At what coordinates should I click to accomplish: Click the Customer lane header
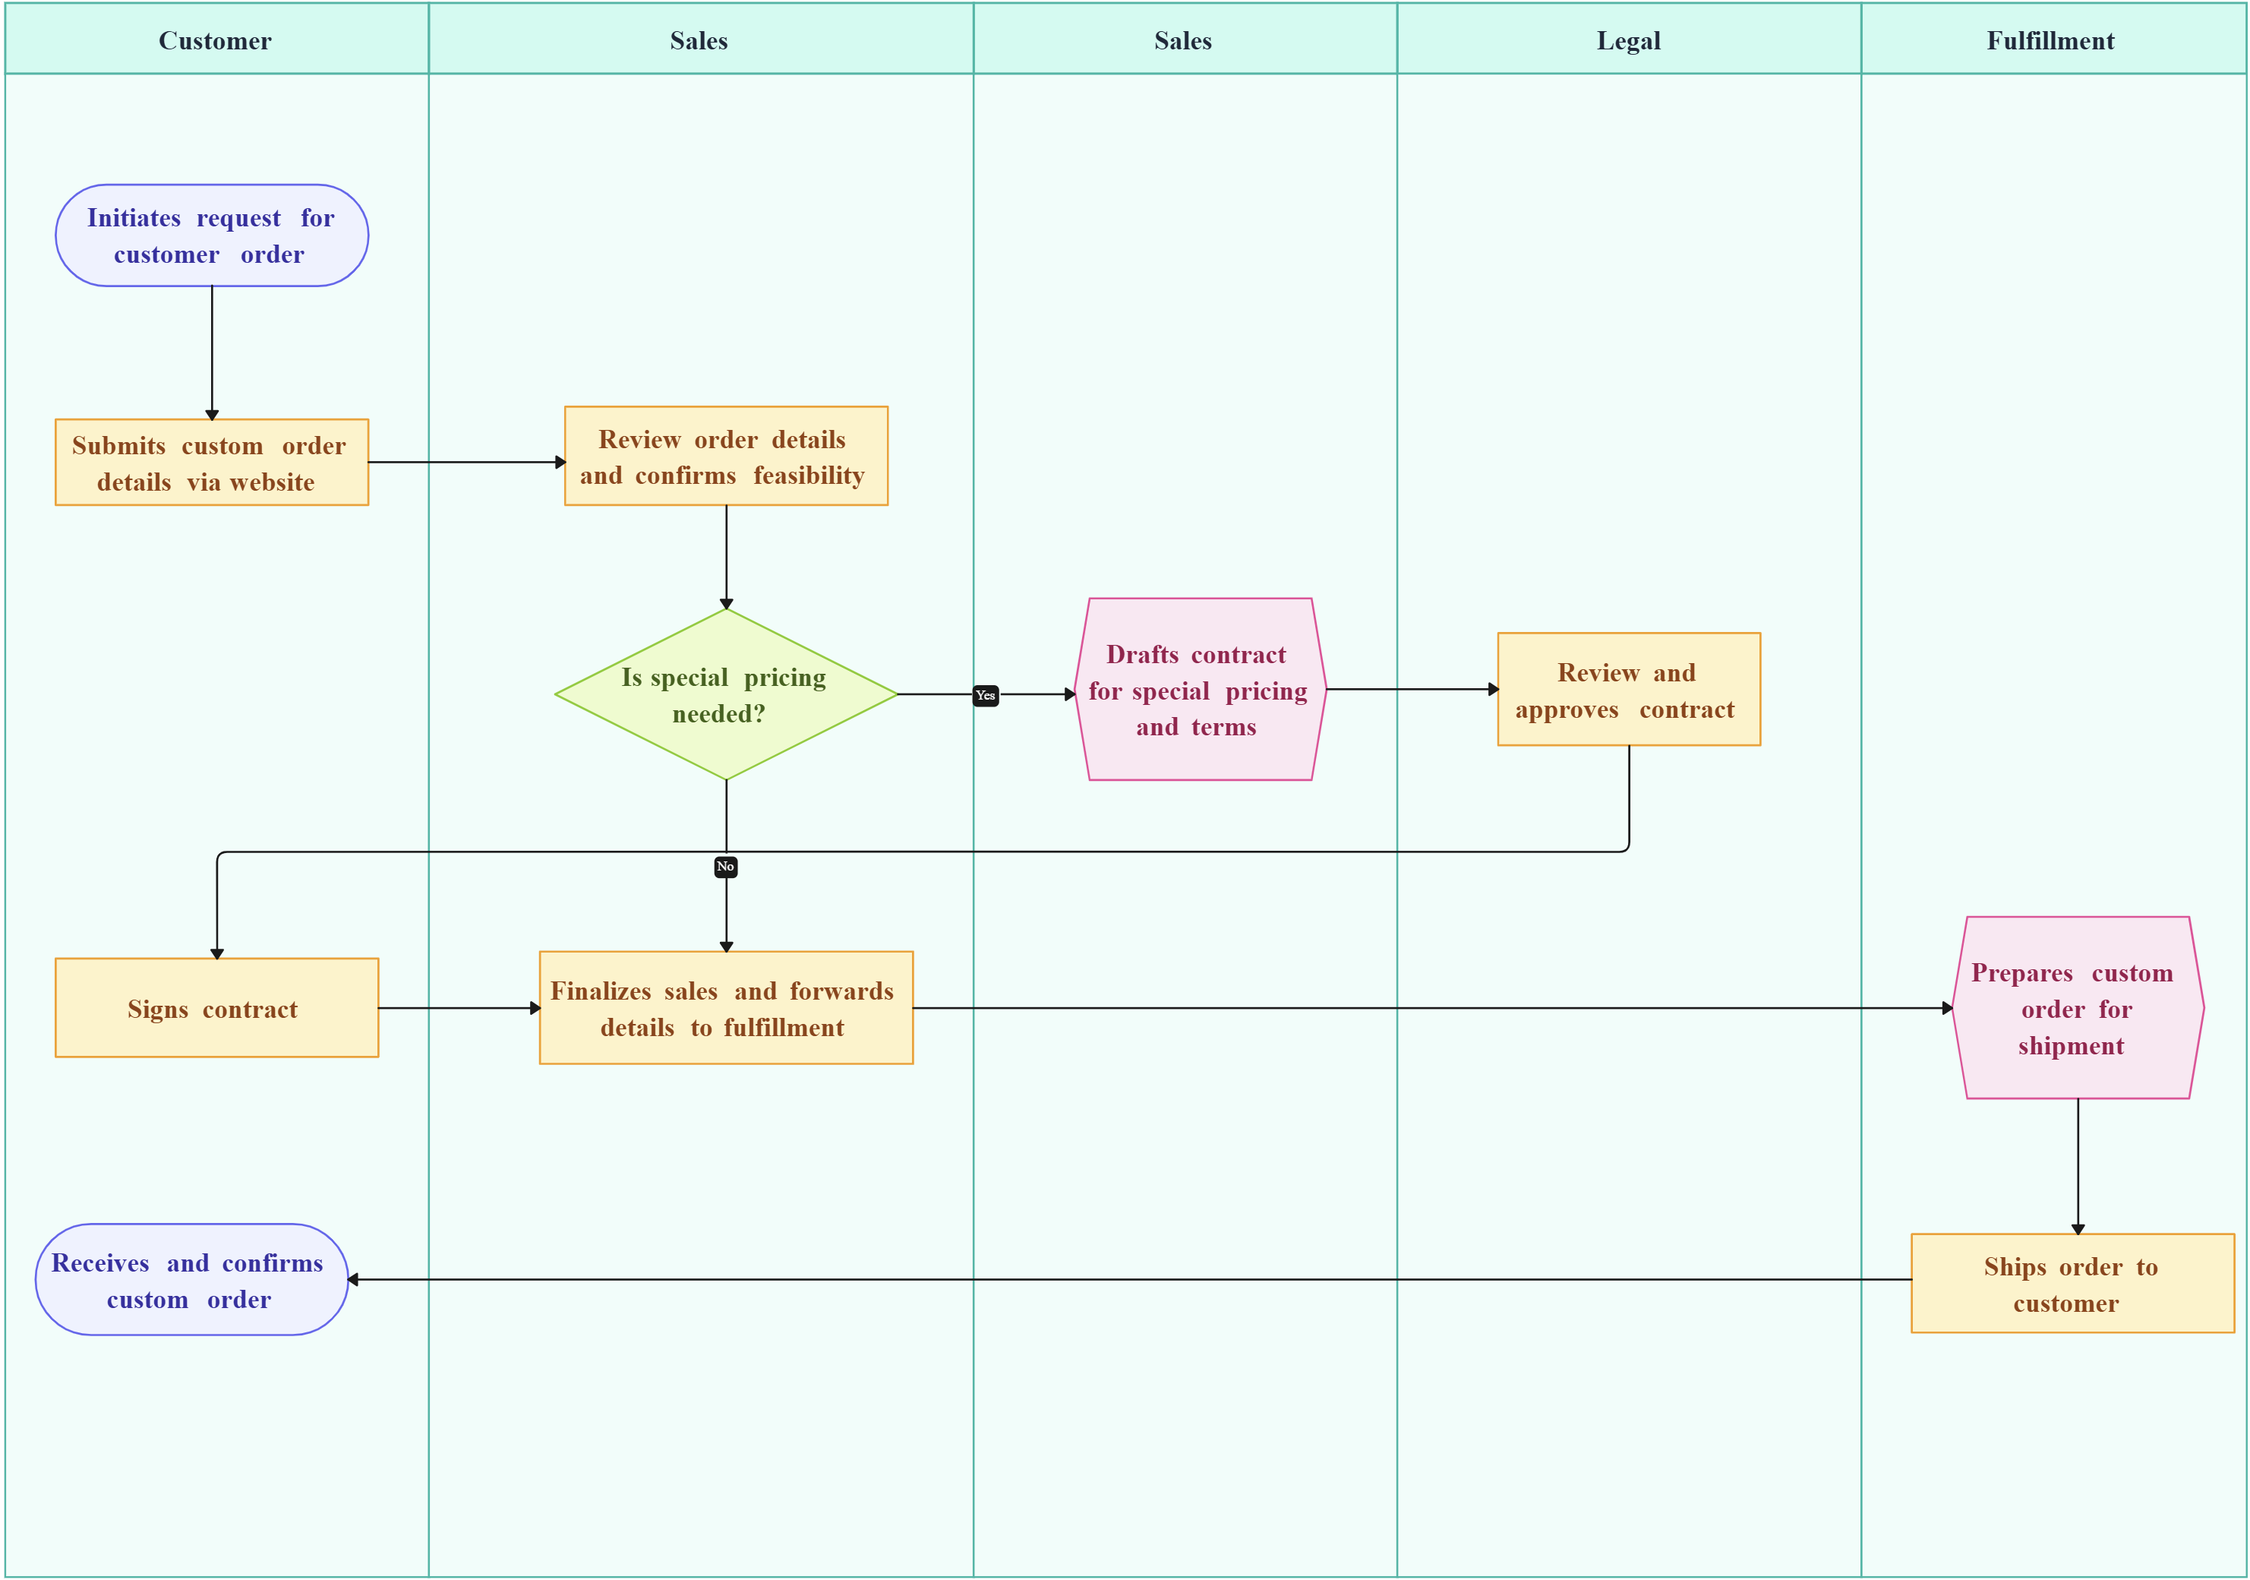[x=216, y=40]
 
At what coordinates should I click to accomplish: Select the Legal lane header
[x=1628, y=40]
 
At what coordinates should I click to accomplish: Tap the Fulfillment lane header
[x=2050, y=40]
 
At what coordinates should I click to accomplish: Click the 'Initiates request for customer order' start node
[x=212, y=235]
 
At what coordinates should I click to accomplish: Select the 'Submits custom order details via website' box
[x=212, y=463]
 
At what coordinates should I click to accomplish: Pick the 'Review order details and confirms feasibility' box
[x=725, y=457]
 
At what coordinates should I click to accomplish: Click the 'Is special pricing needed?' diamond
[x=725, y=695]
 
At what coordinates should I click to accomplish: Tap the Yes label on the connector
[x=986, y=695]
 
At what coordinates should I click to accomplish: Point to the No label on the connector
[x=725, y=867]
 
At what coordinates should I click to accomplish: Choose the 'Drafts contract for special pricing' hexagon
[x=1200, y=690]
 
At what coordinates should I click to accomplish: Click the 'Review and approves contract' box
[x=1628, y=690]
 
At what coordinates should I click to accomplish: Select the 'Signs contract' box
[x=216, y=1009]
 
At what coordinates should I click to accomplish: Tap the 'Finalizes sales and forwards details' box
[x=725, y=1009]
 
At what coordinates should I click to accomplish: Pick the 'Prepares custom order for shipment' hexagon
[x=2077, y=1009]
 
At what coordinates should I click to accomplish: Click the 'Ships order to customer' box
[x=2072, y=1284]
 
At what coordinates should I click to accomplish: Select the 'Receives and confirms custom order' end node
[x=192, y=1280]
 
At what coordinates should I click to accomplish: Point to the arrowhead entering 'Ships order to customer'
[x=2078, y=1228]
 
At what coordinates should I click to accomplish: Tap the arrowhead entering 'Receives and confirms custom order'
[x=354, y=1280]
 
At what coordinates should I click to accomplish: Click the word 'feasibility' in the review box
[x=809, y=476]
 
